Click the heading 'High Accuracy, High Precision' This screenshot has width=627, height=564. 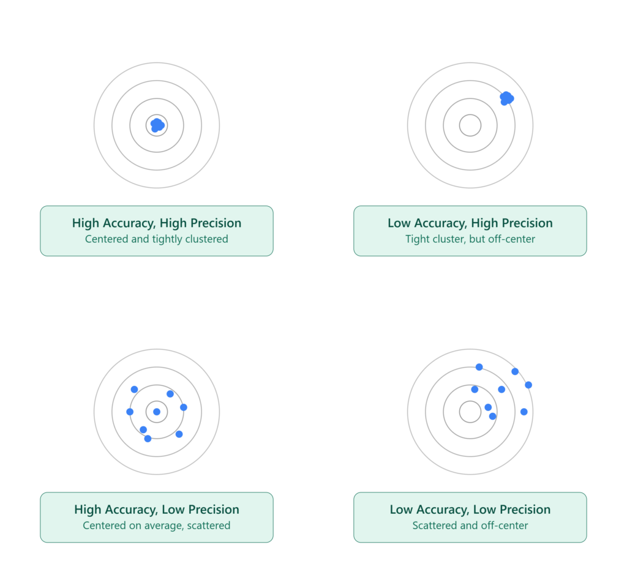tap(157, 223)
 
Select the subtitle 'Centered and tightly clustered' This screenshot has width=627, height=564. tap(157, 239)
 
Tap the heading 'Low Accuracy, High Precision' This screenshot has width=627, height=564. tap(470, 223)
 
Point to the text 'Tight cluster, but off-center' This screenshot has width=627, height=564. tap(470, 239)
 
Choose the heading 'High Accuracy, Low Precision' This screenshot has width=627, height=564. tap(157, 510)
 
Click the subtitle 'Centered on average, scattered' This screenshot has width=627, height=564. tap(157, 525)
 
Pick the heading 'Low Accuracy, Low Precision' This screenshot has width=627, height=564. tap(470, 510)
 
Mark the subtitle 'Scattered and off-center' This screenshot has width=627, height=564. tap(470, 525)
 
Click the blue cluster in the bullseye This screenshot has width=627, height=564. tap(157, 125)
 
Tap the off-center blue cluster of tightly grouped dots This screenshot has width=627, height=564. tap(506, 98)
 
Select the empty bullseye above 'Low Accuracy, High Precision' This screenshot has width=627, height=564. tap(470, 114)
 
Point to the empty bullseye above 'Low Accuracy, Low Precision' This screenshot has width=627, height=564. tap(470, 401)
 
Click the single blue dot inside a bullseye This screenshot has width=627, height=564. tap(157, 412)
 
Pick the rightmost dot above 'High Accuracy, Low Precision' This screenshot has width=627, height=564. tap(184, 407)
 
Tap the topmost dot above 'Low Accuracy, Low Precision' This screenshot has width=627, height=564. tap(479, 367)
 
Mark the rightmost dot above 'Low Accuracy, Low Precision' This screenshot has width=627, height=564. tap(528, 385)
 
